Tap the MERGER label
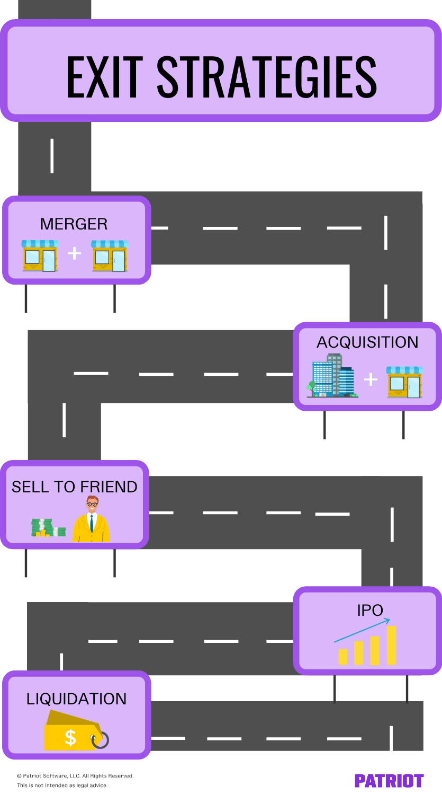(74, 224)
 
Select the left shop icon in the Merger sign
(40, 255)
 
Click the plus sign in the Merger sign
(75, 254)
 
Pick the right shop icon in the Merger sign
(110, 255)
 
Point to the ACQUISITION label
(367, 342)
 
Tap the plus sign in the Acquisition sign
(371, 379)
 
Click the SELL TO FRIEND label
(75, 487)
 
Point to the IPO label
(370, 611)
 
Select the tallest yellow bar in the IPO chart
(392, 645)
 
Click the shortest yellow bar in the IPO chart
(343, 657)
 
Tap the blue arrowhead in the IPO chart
(387, 620)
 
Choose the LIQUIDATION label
(77, 699)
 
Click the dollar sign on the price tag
(70, 737)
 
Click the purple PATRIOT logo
(389, 781)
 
